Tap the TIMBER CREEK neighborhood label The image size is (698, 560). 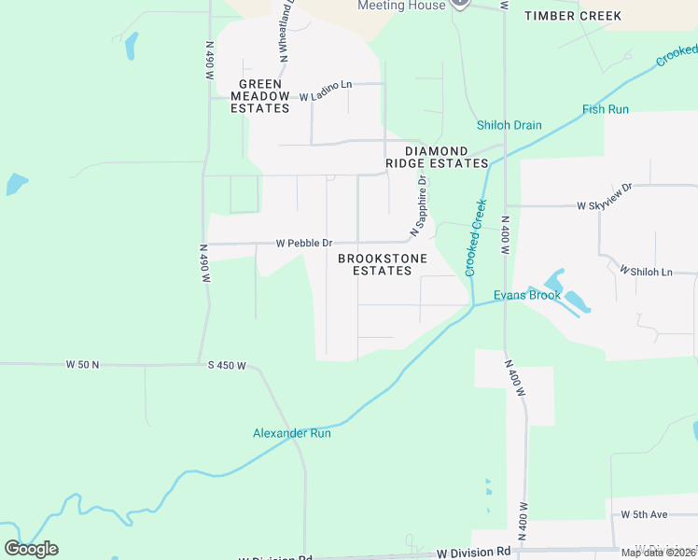coord(572,16)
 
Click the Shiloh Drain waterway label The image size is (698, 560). coord(509,125)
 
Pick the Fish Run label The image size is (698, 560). coord(606,109)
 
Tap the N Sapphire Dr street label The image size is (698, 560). coord(418,205)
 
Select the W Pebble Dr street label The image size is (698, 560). coord(303,244)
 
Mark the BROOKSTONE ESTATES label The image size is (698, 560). coord(383,264)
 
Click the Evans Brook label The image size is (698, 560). coord(527,295)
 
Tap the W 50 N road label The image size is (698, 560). coord(82,364)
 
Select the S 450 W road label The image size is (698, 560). coord(227,365)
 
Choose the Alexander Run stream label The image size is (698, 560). coord(291,433)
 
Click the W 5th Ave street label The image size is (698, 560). coord(645,514)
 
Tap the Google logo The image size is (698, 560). coord(32,549)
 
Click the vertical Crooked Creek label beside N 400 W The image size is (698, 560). coord(476,237)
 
